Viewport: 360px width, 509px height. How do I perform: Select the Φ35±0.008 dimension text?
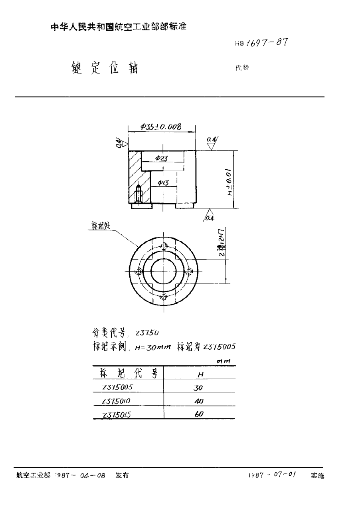(161, 127)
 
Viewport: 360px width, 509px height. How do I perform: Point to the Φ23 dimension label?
(161, 158)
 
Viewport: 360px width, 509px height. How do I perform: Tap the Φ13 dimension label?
(162, 182)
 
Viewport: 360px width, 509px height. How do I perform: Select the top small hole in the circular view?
(163, 246)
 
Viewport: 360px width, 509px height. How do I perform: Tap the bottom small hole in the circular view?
(163, 296)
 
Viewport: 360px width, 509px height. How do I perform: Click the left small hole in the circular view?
(138, 271)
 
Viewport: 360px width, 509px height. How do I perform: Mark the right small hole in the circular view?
(189, 271)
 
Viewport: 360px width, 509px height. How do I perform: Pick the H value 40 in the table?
(199, 401)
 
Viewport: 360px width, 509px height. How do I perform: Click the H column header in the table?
(201, 374)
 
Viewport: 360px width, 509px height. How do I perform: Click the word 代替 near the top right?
(242, 68)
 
